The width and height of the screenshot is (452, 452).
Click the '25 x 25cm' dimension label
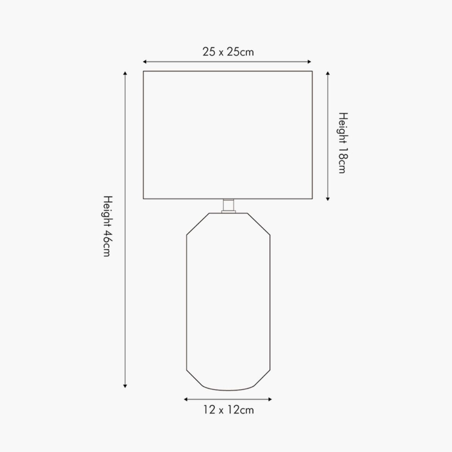(228, 52)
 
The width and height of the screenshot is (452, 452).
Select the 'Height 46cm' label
(108, 226)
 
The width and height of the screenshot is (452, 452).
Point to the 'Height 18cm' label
(343, 143)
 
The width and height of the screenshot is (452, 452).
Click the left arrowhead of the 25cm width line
(145, 62)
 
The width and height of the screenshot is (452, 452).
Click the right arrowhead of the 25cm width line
(309, 62)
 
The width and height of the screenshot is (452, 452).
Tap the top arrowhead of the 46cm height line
(125, 73)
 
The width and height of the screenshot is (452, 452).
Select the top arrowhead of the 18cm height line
(328, 73)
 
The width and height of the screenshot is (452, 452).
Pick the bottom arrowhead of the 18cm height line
(328, 199)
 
